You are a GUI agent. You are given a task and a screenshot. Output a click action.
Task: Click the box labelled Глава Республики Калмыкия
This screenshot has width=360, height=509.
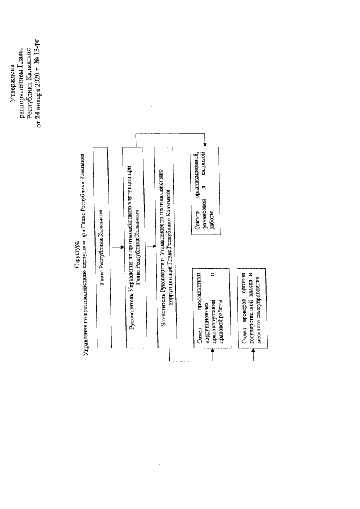click(x=102, y=247)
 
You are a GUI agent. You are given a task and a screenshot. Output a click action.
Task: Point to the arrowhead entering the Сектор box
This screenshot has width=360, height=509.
click(x=204, y=145)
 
